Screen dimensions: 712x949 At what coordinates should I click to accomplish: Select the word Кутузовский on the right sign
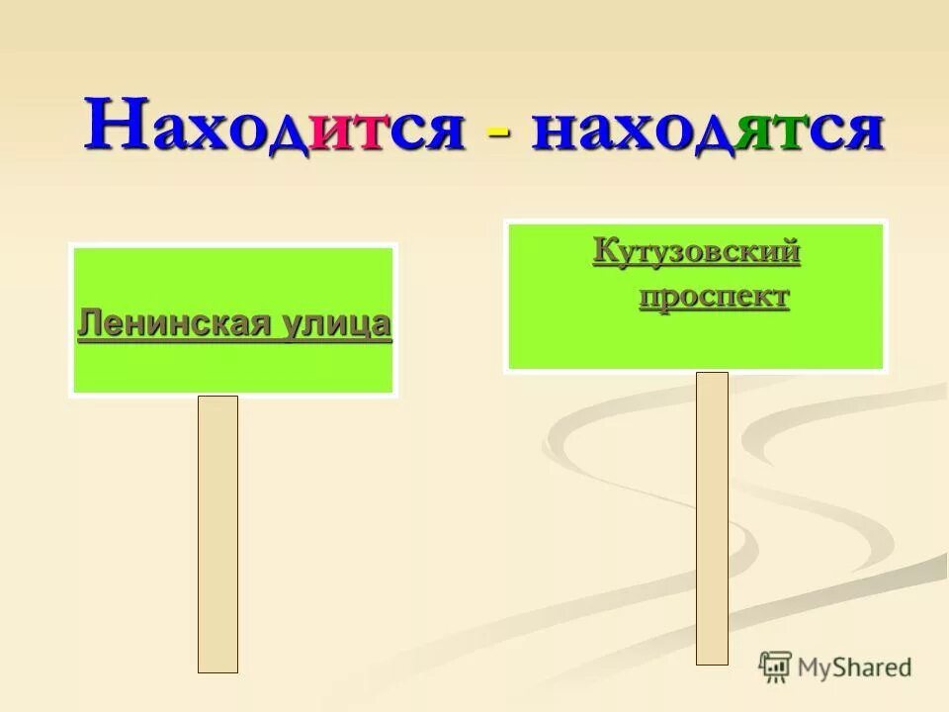(696, 253)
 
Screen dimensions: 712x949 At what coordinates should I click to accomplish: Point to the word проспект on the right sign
(714, 297)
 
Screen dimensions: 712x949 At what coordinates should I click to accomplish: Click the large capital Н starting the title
(114, 125)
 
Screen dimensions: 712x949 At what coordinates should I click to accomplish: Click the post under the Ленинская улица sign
(217, 534)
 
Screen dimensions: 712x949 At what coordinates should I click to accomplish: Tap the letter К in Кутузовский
(604, 253)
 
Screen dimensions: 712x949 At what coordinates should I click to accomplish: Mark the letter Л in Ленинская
(87, 323)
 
